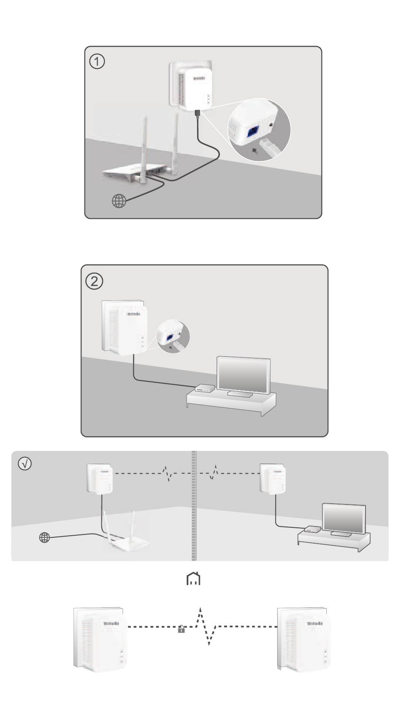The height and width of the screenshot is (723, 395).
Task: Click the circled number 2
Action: coord(94,281)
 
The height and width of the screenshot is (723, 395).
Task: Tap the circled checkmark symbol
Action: coord(25,464)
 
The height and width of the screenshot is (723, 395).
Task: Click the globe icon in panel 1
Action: coord(119,201)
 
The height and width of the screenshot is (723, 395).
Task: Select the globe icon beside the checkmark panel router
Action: coord(44,538)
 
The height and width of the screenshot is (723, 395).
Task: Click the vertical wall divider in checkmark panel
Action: coord(194,506)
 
